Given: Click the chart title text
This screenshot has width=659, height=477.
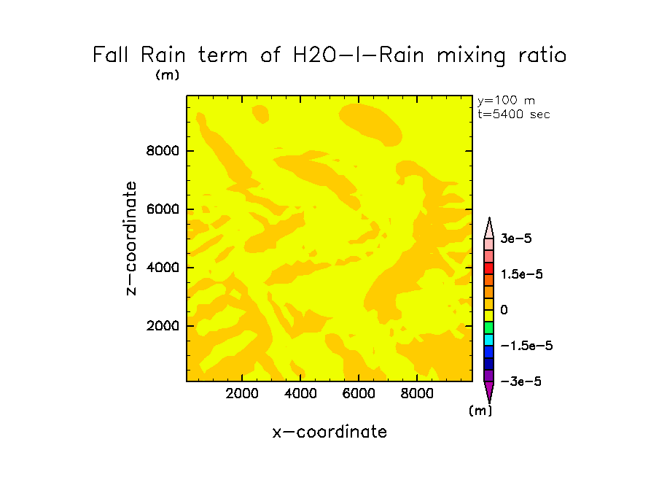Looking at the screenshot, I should pyautogui.click(x=329, y=55).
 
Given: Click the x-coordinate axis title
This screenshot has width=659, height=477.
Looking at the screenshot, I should pyautogui.click(x=329, y=432).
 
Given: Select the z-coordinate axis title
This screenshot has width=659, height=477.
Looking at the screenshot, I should pyautogui.click(x=131, y=238).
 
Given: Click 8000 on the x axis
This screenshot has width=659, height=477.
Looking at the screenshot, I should pyautogui.click(x=416, y=394).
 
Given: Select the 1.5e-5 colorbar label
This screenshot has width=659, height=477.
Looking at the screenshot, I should pyautogui.click(x=523, y=274).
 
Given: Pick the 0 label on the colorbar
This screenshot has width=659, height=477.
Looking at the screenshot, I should pyautogui.click(x=504, y=310).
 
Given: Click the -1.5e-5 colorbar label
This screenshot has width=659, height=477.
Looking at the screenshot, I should pyautogui.click(x=526, y=346).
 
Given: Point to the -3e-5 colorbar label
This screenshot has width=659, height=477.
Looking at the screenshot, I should pyautogui.click(x=520, y=381).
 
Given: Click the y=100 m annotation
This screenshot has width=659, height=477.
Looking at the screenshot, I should pyautogui.click(x=506, y=101).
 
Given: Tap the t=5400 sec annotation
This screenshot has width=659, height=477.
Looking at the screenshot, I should pyautogui.click(x=513, y=114).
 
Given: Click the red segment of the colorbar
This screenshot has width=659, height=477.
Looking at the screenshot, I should pyautogui.click(x=489, y=268).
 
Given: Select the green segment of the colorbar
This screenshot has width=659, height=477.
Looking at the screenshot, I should pyautogui.click(x=489, y=327).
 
